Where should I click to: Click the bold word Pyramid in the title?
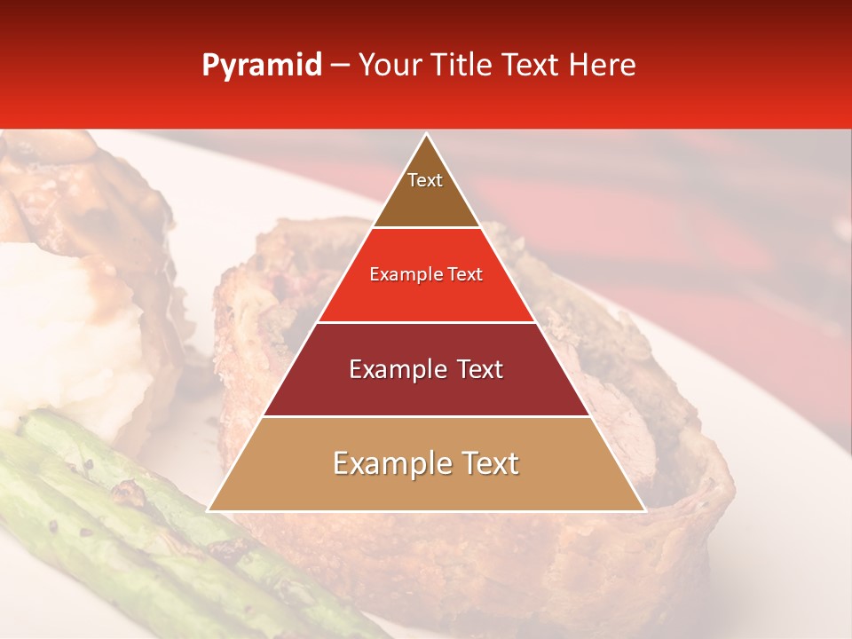tap(261, 66)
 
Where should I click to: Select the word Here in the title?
tap(603, 65)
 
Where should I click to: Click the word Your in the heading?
tap(390, 65)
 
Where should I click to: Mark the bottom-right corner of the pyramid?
tap(644, 510)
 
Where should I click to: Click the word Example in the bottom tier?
tap(389, 464)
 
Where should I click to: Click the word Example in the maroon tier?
tap(395, 369)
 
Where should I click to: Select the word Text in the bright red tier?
tap(467, 275)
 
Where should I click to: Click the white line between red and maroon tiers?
tap(426, 322)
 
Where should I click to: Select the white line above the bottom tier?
tap(426, 416)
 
